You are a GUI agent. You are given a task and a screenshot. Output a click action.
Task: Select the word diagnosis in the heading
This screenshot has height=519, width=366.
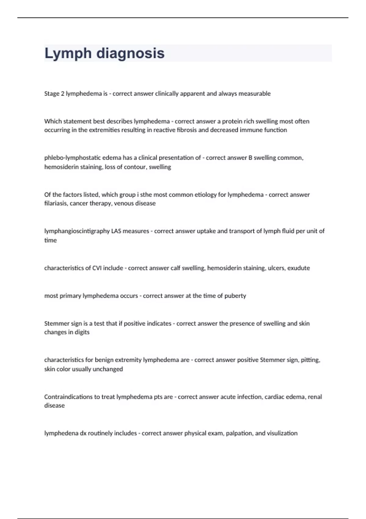130,53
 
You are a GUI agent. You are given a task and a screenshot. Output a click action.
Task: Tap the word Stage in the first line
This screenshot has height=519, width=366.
52,94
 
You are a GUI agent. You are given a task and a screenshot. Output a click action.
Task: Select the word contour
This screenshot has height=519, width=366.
135,167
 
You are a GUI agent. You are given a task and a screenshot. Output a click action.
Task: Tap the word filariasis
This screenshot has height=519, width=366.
56,203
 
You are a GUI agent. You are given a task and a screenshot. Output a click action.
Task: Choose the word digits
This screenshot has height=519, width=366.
82,332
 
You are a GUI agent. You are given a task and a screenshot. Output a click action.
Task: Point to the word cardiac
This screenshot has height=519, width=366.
274,397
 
